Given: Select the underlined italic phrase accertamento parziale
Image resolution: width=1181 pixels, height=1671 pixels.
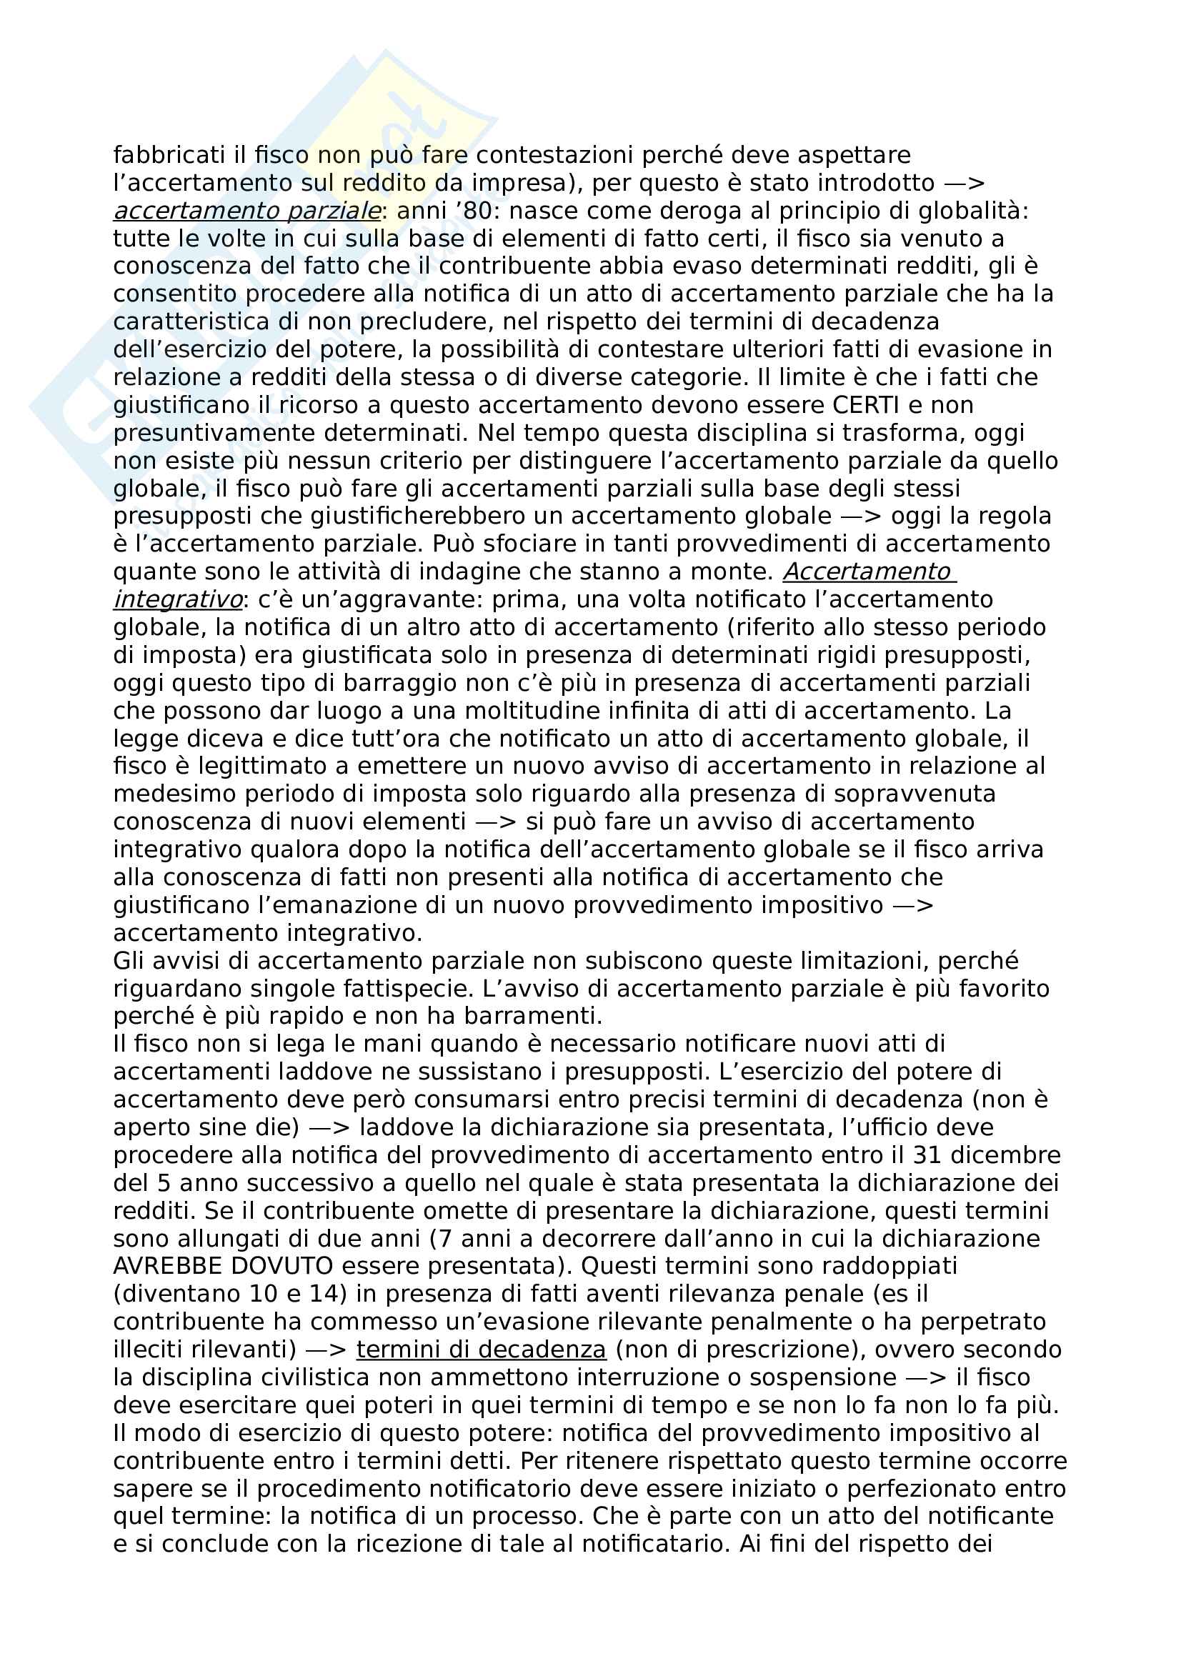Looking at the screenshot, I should (x=247, y=211).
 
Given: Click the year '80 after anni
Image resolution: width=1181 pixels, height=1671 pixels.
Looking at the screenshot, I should (x=472, y=211).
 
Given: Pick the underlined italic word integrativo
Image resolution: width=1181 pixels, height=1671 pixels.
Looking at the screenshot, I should (x=179, y=599).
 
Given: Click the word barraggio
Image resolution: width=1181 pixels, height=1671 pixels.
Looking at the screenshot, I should (x=444, y=684).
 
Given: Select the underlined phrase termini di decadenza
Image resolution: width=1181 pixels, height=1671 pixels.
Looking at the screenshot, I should (x=481, y=1350).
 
